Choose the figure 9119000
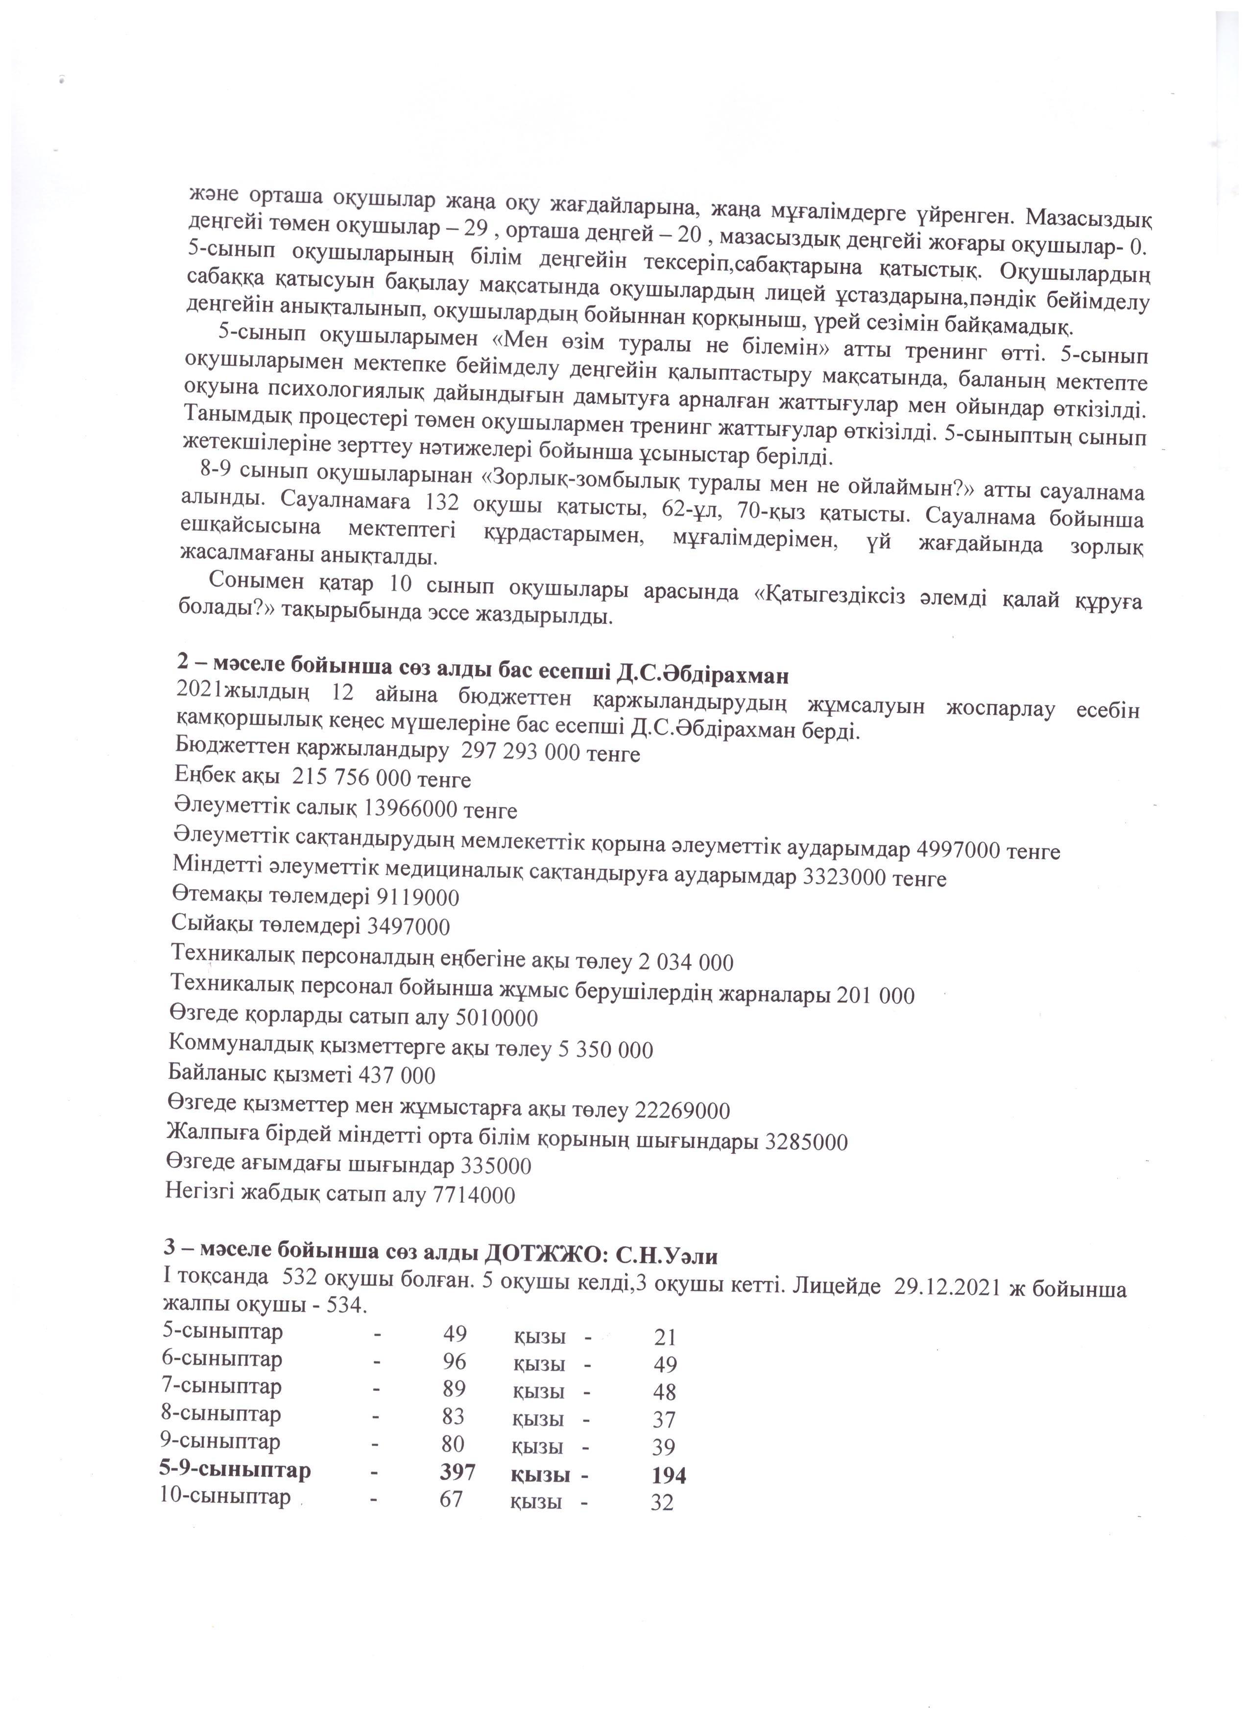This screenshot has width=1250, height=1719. tap(418, 898)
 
